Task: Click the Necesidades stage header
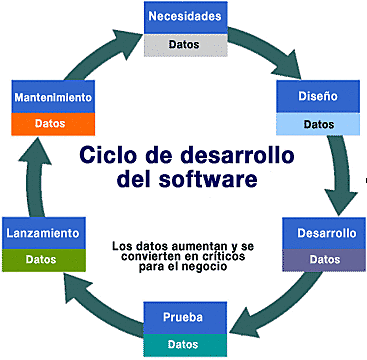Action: point(183,18)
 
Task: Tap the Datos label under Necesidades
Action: point(183,44)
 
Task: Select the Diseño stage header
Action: point(318,99)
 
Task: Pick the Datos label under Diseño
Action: point(318,125)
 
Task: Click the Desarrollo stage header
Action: point(326,234)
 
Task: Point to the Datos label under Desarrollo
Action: point(326,260)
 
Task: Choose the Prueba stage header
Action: point(182,317)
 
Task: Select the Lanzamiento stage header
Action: point(42,233)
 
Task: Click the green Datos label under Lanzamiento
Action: point(42,259)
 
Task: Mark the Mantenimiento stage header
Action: point(53,98)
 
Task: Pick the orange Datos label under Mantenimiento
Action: point(53,124)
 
